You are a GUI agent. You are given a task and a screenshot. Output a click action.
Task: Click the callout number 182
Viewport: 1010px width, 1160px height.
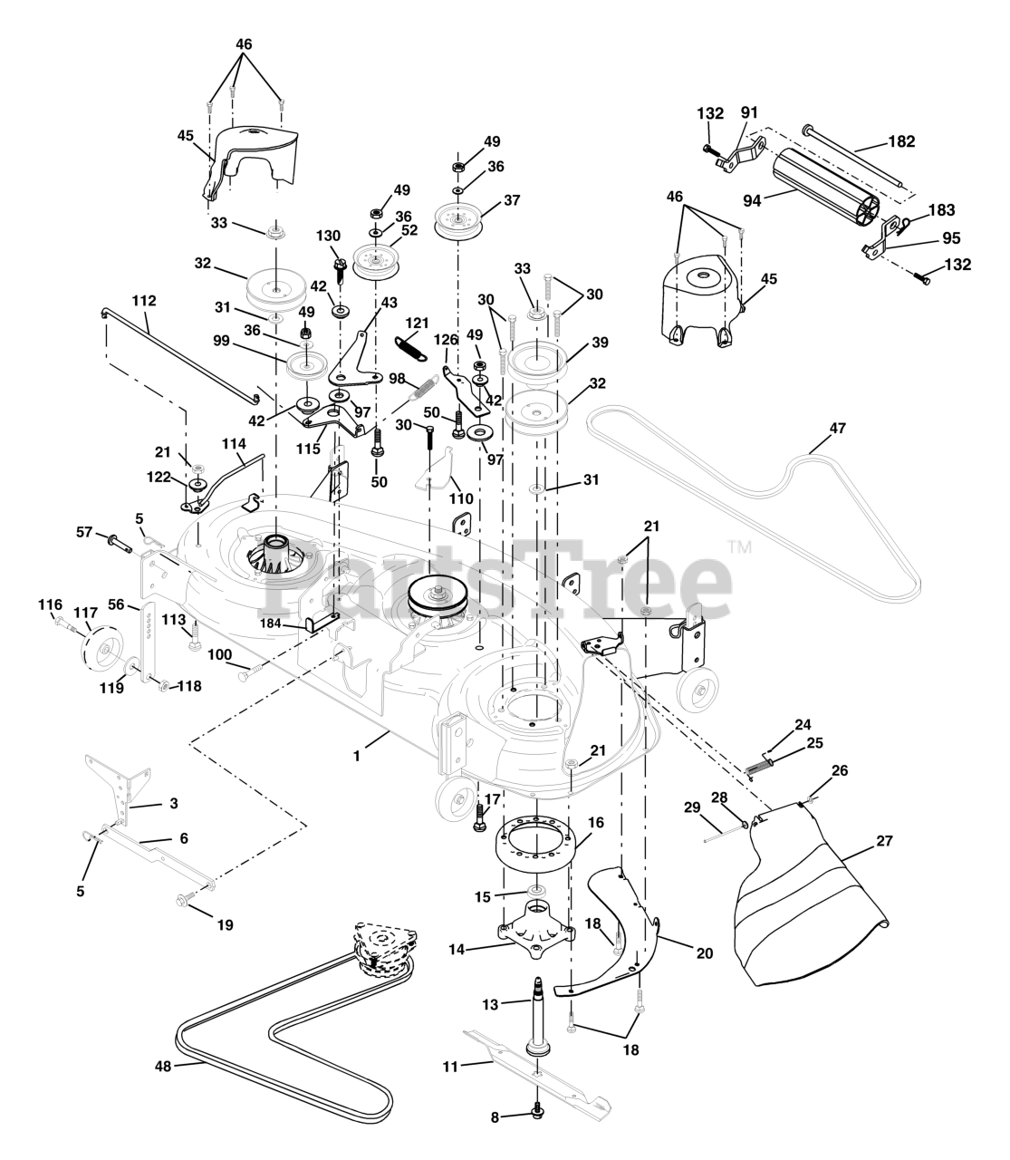pos(901,141)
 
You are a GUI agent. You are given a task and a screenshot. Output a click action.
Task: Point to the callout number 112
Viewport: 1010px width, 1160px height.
pos(144,300)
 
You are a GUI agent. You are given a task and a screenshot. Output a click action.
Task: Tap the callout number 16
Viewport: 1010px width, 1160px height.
pos(595,822)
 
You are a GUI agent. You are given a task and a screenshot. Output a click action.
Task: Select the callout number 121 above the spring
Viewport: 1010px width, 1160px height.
pos(417,324)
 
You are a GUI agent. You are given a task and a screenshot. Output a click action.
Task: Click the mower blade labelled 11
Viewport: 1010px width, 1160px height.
pos(543,1074)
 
